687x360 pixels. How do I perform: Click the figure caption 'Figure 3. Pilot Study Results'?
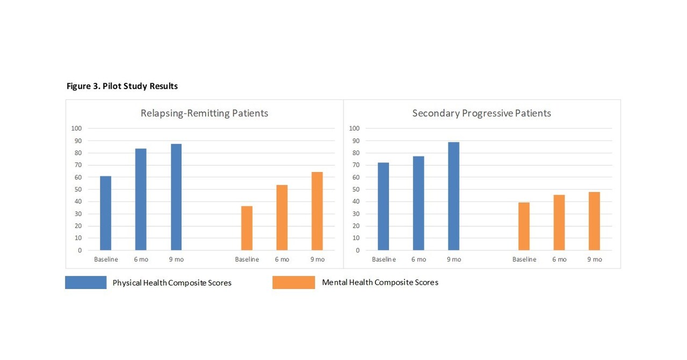(x=122, y=86)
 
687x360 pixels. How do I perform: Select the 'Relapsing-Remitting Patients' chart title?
(x=204, y=113)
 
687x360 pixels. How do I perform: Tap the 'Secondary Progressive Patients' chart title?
(x=481, y=113)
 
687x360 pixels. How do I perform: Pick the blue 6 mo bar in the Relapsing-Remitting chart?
(x=141, y=199)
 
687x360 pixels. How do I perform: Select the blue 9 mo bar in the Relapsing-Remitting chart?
(x=176, y=197)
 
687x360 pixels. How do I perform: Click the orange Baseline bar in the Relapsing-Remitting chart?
(x=247, y=228)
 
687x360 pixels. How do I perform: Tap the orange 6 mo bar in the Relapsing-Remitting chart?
(x=282, y=218)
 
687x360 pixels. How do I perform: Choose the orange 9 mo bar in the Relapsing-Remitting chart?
(x=317, y=211)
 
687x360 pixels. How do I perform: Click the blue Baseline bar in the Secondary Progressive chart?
(x=384, y=206)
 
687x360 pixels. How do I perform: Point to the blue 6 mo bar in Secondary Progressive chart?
(x=418, y=203)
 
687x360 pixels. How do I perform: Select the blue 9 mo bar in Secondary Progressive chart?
(x=454, y=196)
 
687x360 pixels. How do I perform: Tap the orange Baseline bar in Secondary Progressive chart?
(x=524, y=226)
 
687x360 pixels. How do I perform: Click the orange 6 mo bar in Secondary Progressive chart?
(x=559, y=222)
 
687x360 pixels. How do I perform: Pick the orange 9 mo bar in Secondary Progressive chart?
(x=594, y=221)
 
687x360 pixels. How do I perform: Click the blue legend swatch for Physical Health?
(x=86, y=283)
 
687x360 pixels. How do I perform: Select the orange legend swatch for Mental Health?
(x=293, y=283)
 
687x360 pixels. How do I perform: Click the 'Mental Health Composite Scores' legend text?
(x=380, y=283)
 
